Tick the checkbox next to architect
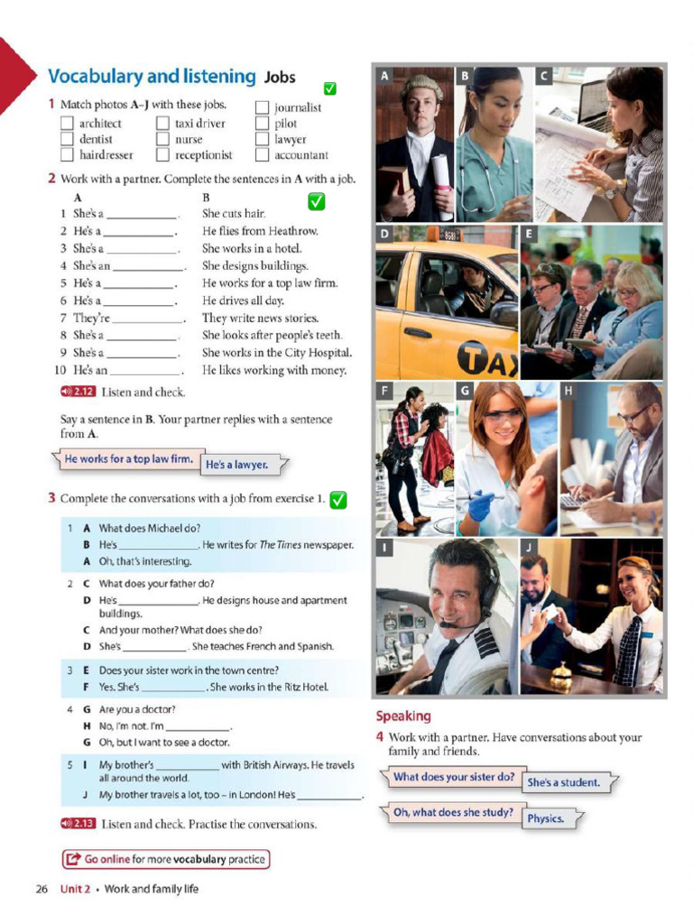67,124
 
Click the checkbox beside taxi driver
162,124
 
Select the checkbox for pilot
262,124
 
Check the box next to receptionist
162,155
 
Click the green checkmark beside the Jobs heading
330,88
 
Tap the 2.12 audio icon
77,392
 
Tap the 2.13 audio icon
77,823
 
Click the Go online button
166,859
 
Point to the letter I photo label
385,548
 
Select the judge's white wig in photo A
421,87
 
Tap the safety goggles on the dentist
503,416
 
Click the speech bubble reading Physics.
548,818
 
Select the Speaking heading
403,716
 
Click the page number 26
42,889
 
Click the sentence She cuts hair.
233,214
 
